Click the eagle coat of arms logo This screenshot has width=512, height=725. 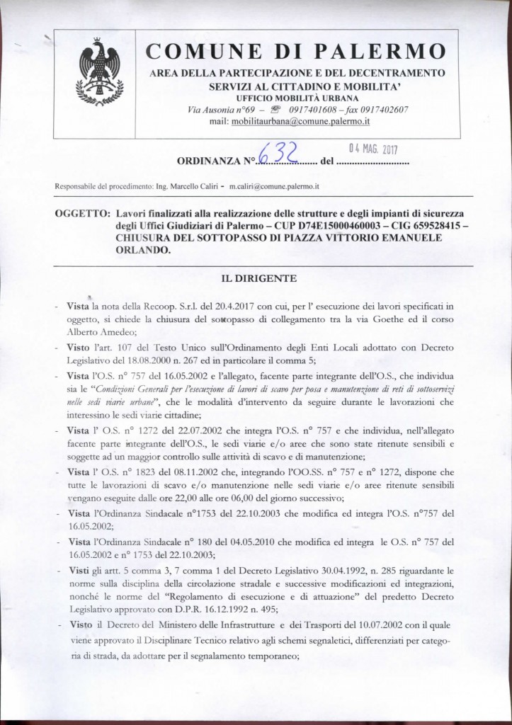tap(99, 72)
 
